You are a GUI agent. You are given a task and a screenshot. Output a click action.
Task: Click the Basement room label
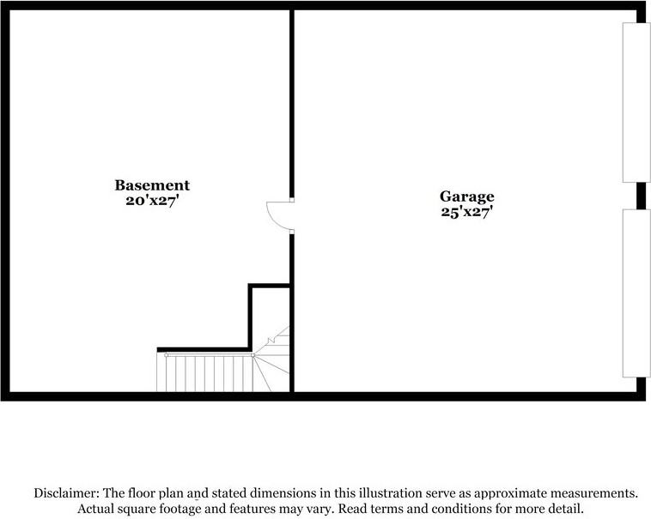pyautogui.click(x=152, y=185)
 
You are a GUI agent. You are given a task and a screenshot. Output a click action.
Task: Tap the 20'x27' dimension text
pyautogui.click(x=152, y=201)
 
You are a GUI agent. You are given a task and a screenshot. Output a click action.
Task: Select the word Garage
pyautogui.click(x=467, y=197)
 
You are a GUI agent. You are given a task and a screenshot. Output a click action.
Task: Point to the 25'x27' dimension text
pyautogui.click(x=466, y=212)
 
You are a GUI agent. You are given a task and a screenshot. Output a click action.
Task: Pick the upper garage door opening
pyautogui.click(x=636, y=102)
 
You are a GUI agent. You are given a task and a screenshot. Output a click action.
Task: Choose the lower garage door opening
pyautogui.click(x=636, y=293)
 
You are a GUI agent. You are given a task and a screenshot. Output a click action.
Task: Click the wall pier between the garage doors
pyautogui.click(x=641, y=196)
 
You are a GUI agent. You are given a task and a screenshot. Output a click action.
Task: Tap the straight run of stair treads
pyautogui.click(x=205, y=373)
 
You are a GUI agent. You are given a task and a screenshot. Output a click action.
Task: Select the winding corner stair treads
pyautogui.click(x=271, y=359)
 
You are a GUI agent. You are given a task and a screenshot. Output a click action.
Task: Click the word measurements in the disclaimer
pyautogui.click(x=593, y=493)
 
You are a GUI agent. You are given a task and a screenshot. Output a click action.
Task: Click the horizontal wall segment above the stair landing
pyautogui.click(x=203, y=349)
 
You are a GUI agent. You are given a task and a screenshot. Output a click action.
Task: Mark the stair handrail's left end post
pyautogui.click(x=167, y=355)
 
